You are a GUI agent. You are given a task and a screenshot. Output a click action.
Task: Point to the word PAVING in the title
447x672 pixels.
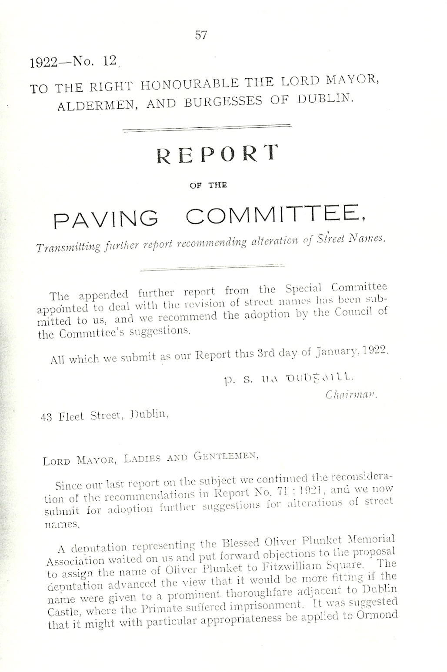tap(106, 219)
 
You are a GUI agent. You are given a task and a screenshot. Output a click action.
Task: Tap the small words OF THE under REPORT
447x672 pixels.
tap(208, 185)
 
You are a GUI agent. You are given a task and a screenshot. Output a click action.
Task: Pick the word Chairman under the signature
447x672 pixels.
tap(350, 395)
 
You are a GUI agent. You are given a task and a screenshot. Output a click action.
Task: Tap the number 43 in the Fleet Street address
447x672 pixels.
tap(47, 417)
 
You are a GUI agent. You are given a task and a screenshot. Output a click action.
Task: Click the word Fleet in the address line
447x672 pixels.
tap(72, 417)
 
